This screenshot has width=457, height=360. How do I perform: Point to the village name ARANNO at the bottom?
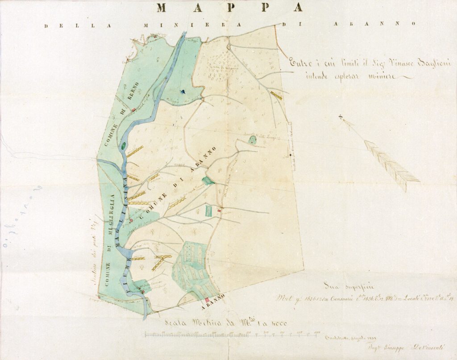click(x=213, y=305)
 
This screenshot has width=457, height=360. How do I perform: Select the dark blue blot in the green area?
click(x=183, y=92)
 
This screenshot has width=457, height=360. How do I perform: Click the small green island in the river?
click(x=123, y=145)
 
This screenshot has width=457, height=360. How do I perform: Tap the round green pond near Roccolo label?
click(x=253, y=140)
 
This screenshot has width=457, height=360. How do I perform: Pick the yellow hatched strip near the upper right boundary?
click(x=276, y=95)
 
